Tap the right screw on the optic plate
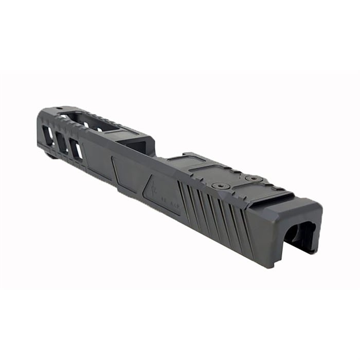253,178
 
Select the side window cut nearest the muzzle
47,135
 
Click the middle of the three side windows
62,142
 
